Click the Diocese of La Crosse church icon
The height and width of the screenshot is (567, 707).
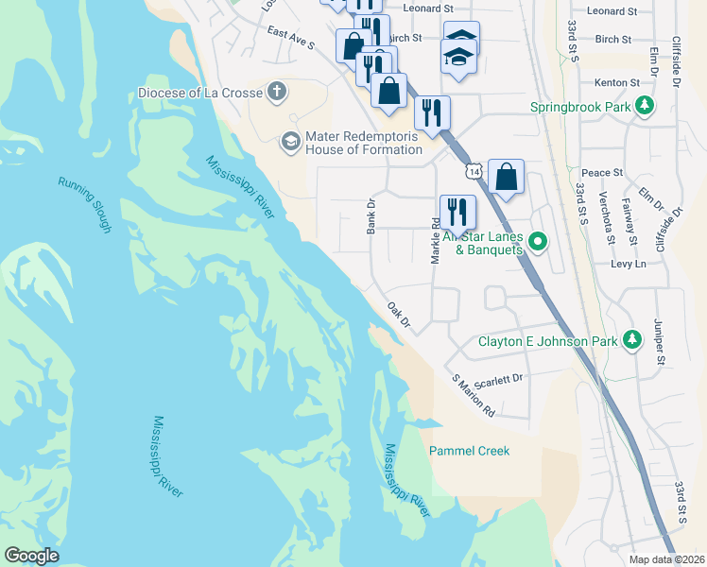276,92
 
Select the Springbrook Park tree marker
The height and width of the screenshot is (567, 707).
647,105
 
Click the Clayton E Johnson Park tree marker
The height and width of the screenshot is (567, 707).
630,340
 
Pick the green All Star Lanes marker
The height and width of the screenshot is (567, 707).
538,242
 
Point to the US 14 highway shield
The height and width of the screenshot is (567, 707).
473,169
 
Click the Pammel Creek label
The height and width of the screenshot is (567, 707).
469,451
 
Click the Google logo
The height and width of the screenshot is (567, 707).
32,555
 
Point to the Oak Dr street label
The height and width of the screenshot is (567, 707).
400,315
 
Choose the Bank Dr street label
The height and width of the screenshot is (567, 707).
371,216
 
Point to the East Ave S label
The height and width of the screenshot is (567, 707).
290,39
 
